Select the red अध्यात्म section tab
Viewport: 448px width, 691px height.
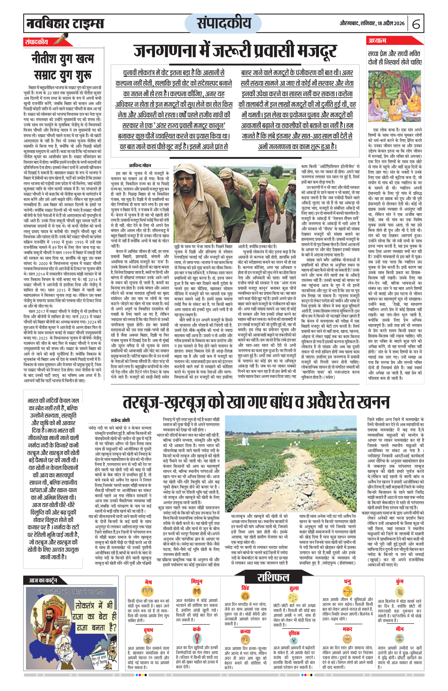tap(377, 41)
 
